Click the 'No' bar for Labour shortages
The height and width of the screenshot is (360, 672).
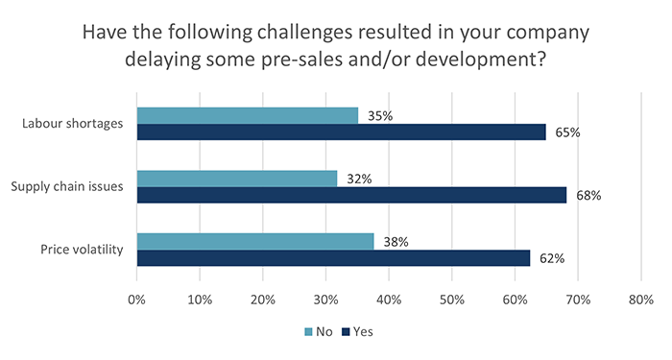pos(248,116)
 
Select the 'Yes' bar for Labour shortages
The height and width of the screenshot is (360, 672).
pos(342,132)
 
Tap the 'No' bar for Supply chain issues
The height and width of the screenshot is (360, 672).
pos(237,179)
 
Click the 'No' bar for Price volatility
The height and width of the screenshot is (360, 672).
pos(255,242)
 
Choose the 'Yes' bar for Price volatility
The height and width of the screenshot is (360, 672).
pos(333,257)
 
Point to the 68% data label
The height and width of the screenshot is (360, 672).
pos(588,196)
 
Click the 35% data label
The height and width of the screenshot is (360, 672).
pos(380,116)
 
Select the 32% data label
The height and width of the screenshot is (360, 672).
pos(360,179)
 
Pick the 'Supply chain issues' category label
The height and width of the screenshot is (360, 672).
pos(68,186)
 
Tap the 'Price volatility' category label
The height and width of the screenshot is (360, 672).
pos(82,250)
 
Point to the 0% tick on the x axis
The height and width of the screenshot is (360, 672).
pos(136,300)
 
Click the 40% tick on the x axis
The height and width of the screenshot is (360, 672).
pos(389,300)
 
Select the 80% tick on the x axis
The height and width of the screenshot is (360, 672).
pos(640,300)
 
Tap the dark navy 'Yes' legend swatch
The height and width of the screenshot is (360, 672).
pos(346,332)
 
